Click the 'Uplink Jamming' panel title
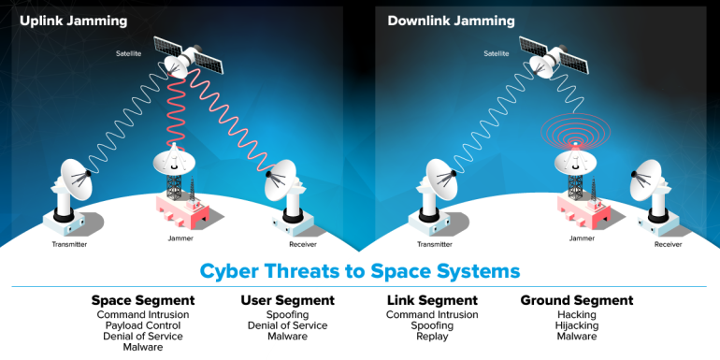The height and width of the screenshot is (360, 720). [x=73, y=21]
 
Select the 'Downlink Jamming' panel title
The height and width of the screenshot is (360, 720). [x=451, y=21]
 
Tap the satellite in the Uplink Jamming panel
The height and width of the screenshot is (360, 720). [x=188, y=57]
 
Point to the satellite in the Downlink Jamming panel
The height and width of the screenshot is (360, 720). [x=554, y=57]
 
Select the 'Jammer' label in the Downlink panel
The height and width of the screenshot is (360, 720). [x=582, y=238]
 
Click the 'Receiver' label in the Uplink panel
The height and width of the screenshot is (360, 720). [x=303, y=244]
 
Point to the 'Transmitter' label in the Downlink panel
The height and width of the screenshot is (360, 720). [x=435, y=244]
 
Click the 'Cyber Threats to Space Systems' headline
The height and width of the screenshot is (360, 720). [x=360, y=271]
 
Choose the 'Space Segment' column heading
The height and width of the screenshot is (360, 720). [x=143, y=301]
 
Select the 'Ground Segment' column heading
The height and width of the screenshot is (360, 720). [x=577, y=301]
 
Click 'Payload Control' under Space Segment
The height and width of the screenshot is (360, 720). [x=143, y=325]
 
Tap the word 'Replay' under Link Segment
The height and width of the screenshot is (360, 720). [x=432, y=337]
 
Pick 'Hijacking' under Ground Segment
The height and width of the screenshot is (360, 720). [x=577, y=325]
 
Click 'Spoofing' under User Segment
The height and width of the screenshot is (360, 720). [x=287, y=315]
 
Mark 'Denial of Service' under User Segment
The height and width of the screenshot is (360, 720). [x=287, y=325]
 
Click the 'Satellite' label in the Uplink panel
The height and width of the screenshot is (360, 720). [x=129, y=53]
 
